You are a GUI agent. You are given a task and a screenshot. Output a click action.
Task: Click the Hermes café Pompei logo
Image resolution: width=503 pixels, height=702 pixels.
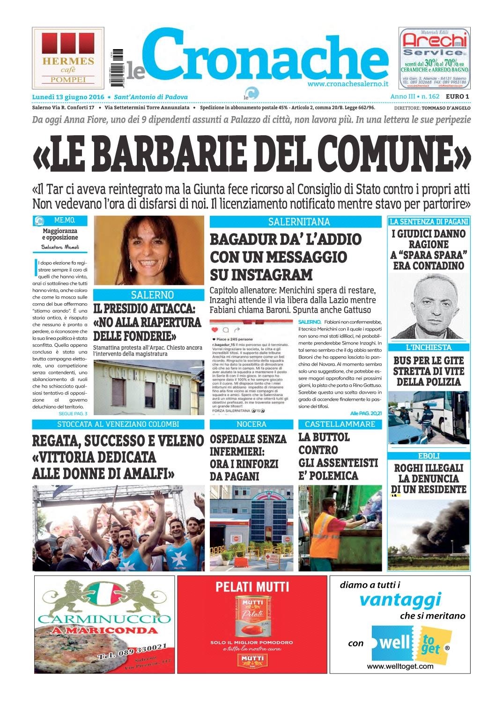click(68, 58)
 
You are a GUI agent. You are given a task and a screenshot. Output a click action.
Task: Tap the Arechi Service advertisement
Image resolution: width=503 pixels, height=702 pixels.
click(435, 58)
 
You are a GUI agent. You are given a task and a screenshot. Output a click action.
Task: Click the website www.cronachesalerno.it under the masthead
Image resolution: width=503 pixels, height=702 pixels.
click(348, 84)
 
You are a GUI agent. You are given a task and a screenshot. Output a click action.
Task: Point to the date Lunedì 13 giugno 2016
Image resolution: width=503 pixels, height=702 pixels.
click(68, 97)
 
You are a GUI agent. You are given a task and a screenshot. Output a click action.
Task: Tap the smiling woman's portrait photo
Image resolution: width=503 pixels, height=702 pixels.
click(149, 251)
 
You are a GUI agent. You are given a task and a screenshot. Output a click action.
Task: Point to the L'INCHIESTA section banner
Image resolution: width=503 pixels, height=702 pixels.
click(429, 347)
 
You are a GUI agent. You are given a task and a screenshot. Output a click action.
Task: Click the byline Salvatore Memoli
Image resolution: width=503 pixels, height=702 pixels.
click(60, 247)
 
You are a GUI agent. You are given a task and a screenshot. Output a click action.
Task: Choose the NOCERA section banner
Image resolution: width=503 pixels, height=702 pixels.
click(251, 424)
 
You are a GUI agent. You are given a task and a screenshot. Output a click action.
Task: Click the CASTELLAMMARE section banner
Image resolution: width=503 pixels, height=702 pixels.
click(340, 424)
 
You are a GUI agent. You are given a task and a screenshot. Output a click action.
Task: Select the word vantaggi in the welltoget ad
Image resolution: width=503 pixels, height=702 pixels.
click(400, 599)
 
